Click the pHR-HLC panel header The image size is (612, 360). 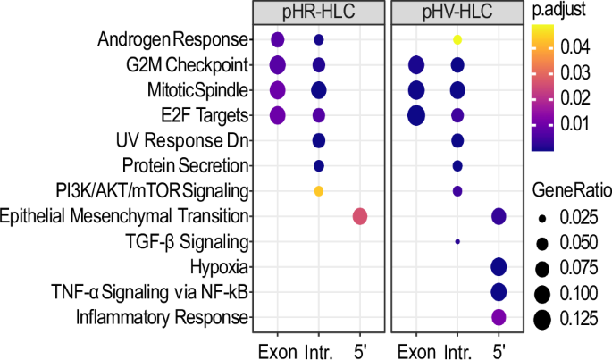[319, 13]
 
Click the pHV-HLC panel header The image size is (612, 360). [457, 13]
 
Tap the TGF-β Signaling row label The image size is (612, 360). [195, 241]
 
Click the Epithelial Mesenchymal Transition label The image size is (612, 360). [126, 216]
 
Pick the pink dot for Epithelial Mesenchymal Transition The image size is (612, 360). [360, 216]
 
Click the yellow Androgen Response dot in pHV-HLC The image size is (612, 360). [457, 39]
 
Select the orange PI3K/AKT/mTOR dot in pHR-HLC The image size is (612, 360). [319, 190]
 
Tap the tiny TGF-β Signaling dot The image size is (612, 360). [457, 241]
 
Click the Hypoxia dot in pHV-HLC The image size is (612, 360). [499, 266]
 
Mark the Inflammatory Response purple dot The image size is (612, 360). [499, 316]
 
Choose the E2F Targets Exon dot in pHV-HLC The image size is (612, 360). [415, 115]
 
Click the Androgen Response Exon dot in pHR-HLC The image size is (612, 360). [277, 39]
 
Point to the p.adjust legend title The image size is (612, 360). [557, 13]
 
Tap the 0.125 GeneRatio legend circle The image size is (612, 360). [541, 322]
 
